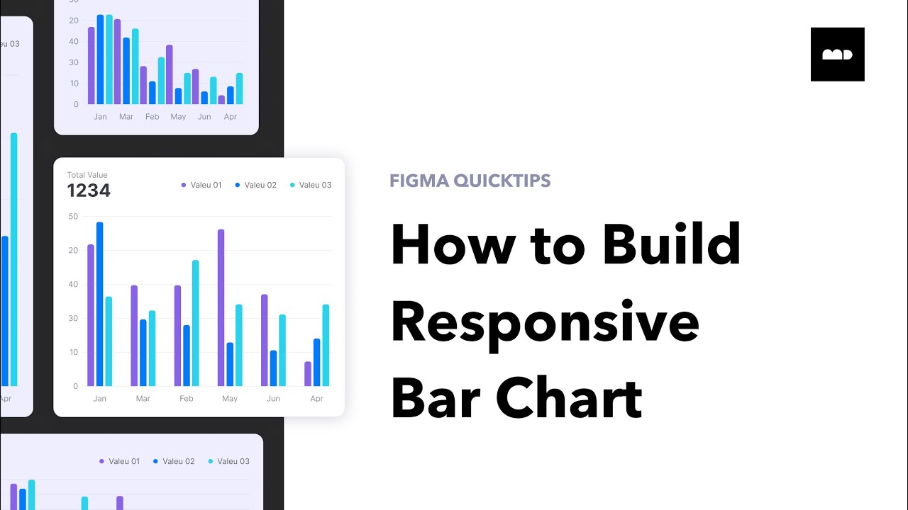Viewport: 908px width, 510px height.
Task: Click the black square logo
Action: pos(837,54)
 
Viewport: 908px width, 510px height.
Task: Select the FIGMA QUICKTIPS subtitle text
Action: pos(470,181)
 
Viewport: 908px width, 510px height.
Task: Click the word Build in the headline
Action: pos(671,244)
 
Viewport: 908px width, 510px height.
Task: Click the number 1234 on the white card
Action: pos(89,191)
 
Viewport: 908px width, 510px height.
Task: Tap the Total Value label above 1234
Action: pos(87,175)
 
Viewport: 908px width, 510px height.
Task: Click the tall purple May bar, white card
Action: pos(221,307)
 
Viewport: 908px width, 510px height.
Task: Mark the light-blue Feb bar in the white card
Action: pos(195,323)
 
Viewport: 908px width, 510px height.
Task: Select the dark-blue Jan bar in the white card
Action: pos(100,304)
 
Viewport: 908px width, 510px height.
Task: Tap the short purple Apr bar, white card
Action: pos(308,373)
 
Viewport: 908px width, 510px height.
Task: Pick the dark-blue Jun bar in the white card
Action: pos(273,368)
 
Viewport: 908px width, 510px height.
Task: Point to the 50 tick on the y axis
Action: pos(73,216)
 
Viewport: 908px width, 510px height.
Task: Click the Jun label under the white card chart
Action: pos(273,399)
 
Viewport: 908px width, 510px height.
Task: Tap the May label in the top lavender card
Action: pos(178,117)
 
